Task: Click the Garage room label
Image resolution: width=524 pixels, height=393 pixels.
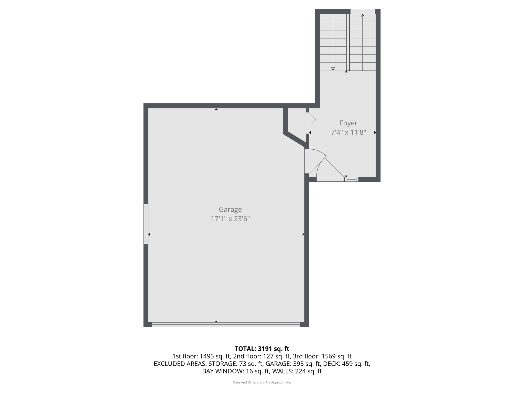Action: (x=230, y=209)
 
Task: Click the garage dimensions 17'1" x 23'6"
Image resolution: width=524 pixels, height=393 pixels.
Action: (x=230, y=219)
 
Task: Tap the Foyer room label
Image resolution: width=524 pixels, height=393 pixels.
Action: (x=348, y=123)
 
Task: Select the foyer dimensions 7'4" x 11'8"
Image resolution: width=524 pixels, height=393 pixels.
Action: (x=348, y=132)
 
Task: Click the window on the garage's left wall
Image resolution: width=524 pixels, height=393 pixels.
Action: (x=146, y=224)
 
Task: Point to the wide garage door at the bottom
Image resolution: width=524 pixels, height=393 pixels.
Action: (x=226, y=324)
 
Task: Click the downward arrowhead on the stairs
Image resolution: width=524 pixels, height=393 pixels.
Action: (x=333, y=69)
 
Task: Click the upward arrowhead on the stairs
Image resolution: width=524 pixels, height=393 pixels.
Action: (x=363, y=16)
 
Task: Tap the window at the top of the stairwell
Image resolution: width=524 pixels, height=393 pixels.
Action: (x=362, y=12)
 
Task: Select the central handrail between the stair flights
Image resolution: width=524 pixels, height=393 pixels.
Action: (x=348, y=42)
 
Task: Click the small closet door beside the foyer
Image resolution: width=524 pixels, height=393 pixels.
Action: (x=308, y=123)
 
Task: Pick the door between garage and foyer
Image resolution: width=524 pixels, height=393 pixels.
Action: (x=307, y=161)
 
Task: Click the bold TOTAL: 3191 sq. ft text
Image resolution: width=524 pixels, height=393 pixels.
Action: (x=262, y=348)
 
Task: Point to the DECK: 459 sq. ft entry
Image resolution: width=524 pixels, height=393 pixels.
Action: (x=346, y=364)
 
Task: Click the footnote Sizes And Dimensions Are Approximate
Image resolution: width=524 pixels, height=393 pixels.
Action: (x=262, y=382)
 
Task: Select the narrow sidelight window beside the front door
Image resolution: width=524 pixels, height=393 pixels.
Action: (x=351, y=179)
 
